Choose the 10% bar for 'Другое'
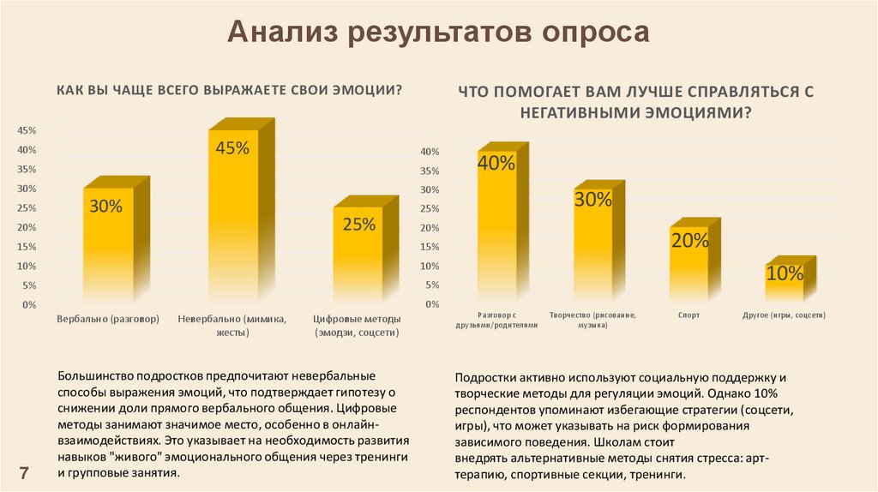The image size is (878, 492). tap(785, 291)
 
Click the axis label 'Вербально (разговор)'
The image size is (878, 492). tap(108, 320)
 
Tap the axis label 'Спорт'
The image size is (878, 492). tap(689, 315)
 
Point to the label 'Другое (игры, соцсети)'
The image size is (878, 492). tap(784, 315)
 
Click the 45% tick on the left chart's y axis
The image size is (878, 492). tap(26, 130)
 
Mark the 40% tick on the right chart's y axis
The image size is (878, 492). tap(429, 152)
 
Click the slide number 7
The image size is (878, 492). tap(24, 472)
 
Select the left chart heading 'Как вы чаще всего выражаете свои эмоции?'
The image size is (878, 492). tap(229, 89)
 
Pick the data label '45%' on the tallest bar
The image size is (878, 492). tap(232, 147)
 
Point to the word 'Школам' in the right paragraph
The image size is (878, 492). tap(615, 444)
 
